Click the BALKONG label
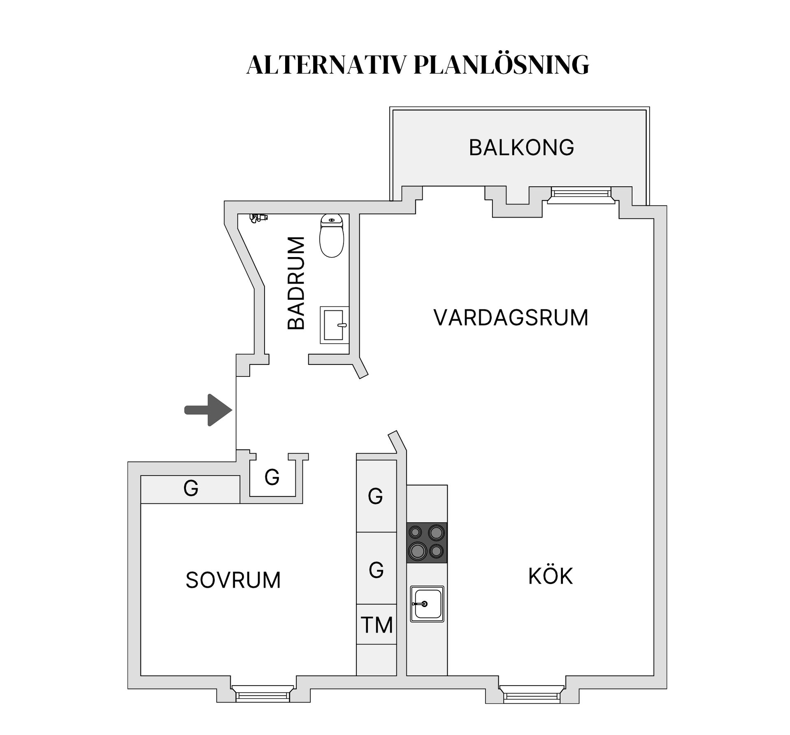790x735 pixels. click(x=521, y=148)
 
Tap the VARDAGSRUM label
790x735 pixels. click(x=511, y=318)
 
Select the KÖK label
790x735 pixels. click(x=550, y=577)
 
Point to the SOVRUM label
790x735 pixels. click(x=233, y=580)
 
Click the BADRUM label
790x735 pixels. click(x=296, y=283)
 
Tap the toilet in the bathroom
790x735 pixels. click(x=332, y=236)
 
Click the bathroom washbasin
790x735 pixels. click(x=334, y=325)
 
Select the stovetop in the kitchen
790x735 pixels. click(x=427, y=543)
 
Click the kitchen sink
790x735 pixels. click(x=427, y=604)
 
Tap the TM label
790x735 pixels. click(x=376, y=625)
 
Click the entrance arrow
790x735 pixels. click(x=208, y=410)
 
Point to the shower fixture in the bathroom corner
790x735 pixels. click(x=258, y=218)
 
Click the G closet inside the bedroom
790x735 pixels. click(x=191, y=489)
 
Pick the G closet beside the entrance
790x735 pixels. click(x=272, y=478)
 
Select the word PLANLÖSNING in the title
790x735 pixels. click(x=501, y=65)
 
